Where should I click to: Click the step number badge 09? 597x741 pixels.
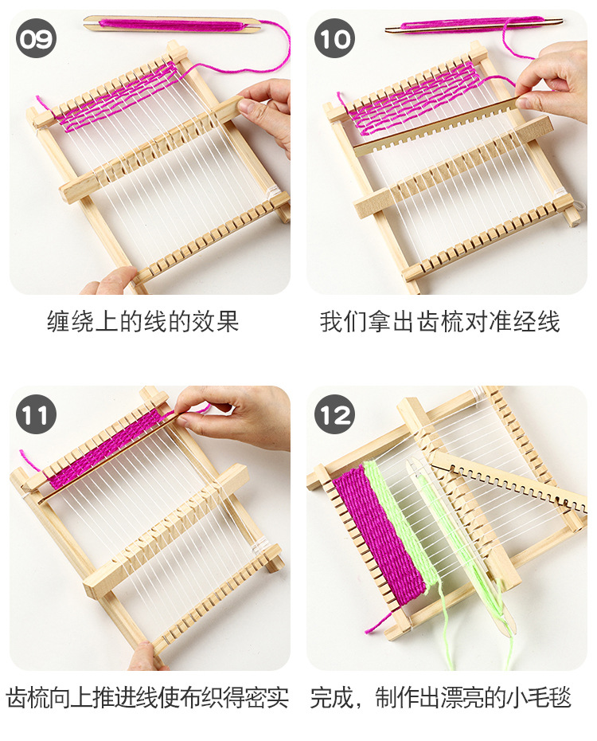(36, 38)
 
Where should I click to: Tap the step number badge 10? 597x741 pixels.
(334, 38)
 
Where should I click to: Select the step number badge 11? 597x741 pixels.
(36, 414)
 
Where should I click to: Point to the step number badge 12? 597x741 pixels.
(334, 414)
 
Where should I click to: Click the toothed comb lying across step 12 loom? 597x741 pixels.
(509, 481)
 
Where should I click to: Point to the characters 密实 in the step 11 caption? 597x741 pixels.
(267, 698)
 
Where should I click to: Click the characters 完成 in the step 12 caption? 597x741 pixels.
(332, 698)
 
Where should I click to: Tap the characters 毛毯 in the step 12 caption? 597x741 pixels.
(550, 698)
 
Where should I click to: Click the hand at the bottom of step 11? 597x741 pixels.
(147, 657)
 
